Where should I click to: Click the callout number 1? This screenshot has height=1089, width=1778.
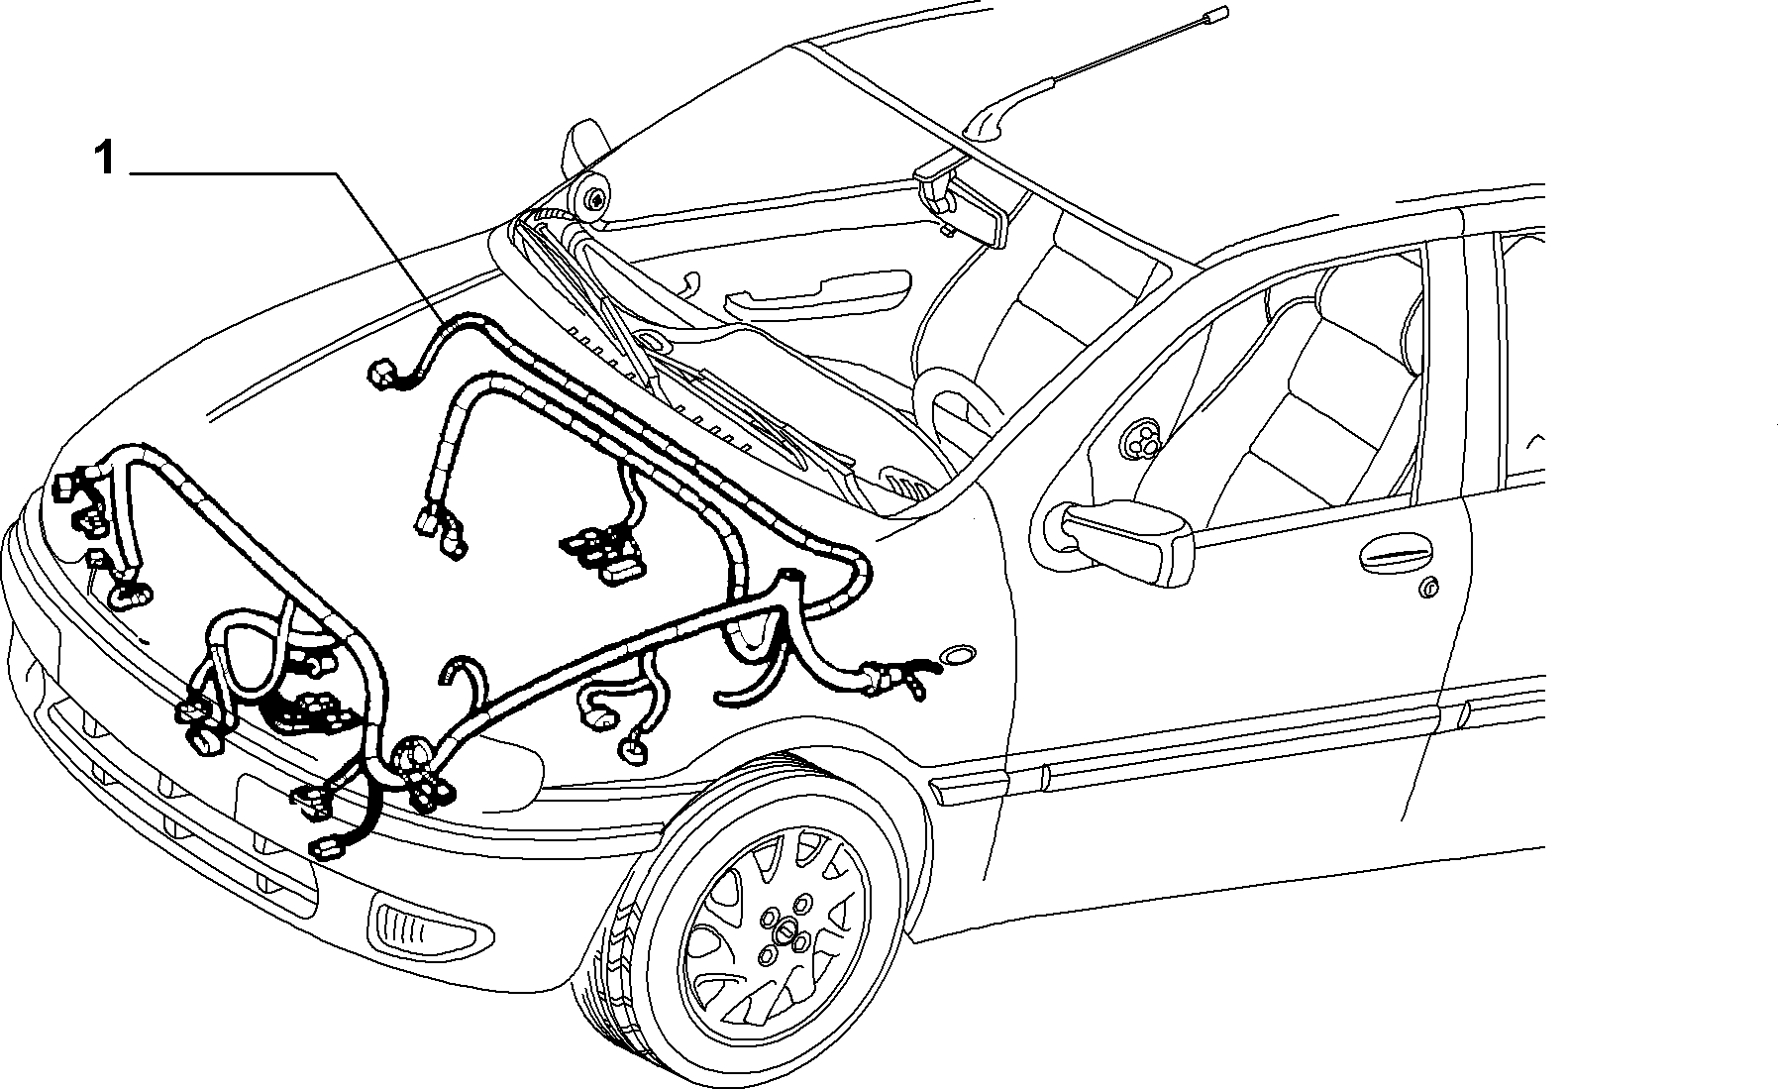point(104,159)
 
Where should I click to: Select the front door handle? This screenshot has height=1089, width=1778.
point(1397,558)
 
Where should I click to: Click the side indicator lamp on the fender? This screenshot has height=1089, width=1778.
point(959,657)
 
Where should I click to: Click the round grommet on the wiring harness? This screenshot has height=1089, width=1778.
point(411,756)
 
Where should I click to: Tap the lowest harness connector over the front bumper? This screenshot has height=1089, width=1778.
point(326,848)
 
